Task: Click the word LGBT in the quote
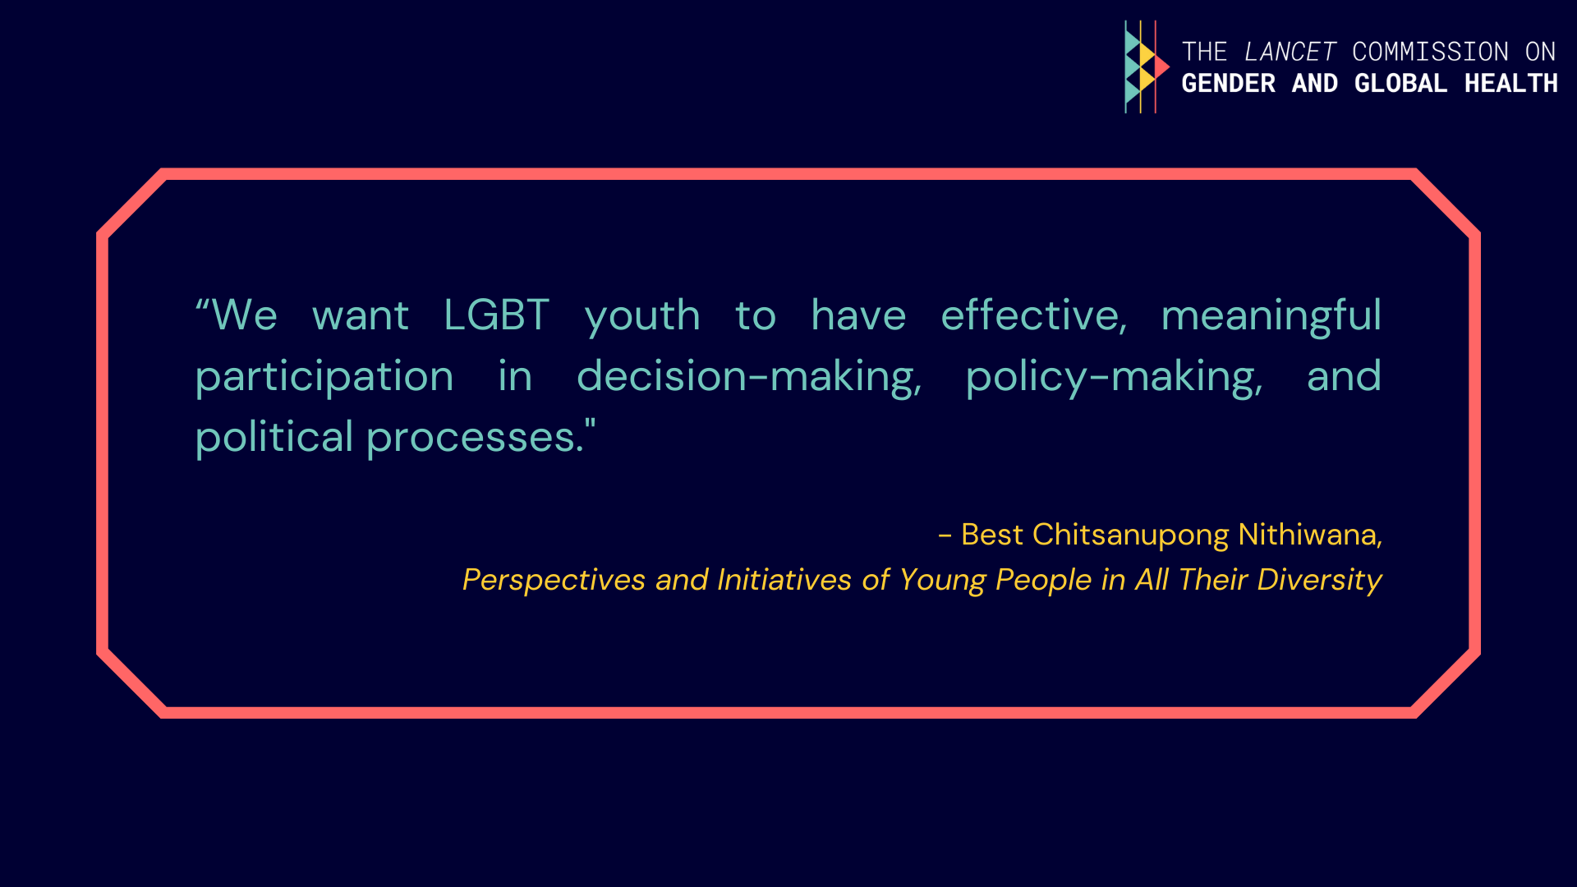(x=496, y=315)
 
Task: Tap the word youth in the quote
(x=642, y=318)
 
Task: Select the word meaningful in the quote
(x=1271, y=318)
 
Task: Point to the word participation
(x=324, y=378)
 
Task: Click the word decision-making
(x=749, y=378)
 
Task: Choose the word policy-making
(x=1114, y=378)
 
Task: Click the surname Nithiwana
(x=1310, y=535)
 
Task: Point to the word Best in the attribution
(x=992, y=535)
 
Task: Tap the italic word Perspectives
(x=554, y=581)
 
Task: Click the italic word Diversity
(x=1320, y=581)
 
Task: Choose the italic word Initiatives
(x=784, y=580)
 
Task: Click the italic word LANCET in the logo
(x=1290, y=52)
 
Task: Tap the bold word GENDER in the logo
(x=1229, y=83)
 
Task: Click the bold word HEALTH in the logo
(x=1511, y=83)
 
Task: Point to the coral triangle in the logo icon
(x=1161, y=67)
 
